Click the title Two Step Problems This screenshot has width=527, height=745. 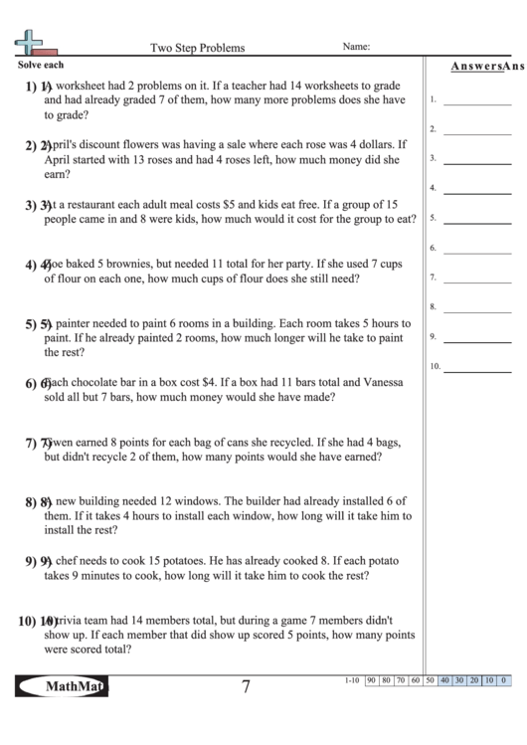pyautogui.click(x=197, y=47)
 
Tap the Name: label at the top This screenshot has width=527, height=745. pyautogui.click(x=356, y=46)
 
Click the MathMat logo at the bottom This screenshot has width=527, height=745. pyautogui.click(x=62, y=686)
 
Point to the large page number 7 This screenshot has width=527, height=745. pyautogui.click(x=245, y=687)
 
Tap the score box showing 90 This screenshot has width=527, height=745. pyautogui.click(x=371, y=680)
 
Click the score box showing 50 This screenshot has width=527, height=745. pyautogui.click(x=430, y=680)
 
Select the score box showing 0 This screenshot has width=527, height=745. pyautogui.click(x=504, y=680)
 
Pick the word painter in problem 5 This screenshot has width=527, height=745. pyautogui.click(x=77, y=324)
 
